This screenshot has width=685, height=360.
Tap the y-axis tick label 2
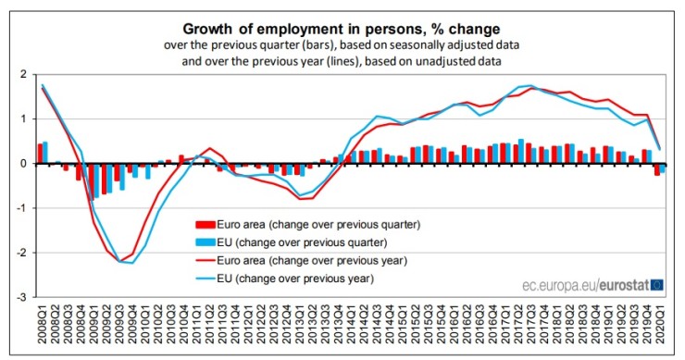(21, 74)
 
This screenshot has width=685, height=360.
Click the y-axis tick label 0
(21, 164)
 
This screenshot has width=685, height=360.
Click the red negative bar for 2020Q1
(656, 169)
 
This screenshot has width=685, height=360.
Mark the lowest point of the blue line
(132, 263)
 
